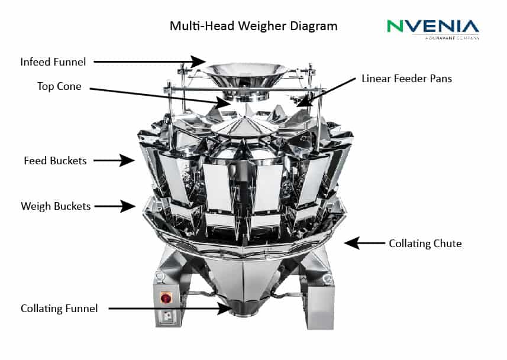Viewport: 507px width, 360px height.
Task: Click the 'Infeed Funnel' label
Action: click(53, 61)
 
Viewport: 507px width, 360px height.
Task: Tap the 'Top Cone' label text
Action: click(59, 86)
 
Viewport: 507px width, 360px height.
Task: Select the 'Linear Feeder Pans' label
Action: click(406, 79)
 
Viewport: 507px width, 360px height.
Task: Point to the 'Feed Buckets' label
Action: click(55, 161)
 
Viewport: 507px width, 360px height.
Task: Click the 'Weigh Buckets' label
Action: click(56, 206)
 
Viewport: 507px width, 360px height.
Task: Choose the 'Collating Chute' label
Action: click(425, 244)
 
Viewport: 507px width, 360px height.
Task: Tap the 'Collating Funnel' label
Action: click(59, 309)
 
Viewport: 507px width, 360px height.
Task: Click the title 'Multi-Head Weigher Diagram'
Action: click(253, 26)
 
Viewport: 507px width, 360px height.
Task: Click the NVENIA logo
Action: click(433, 29)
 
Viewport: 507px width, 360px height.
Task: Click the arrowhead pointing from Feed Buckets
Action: click(127, 160)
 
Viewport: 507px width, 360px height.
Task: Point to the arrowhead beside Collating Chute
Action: click(352, 243)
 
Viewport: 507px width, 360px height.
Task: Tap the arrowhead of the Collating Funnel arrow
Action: click(225, 309)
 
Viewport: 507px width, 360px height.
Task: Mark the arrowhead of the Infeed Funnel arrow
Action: click(198, 61)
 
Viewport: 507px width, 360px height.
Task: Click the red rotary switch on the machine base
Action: click(166, 298)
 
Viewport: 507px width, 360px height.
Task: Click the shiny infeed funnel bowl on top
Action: click(245, 75)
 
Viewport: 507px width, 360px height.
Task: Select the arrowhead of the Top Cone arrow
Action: click(224, 103)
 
